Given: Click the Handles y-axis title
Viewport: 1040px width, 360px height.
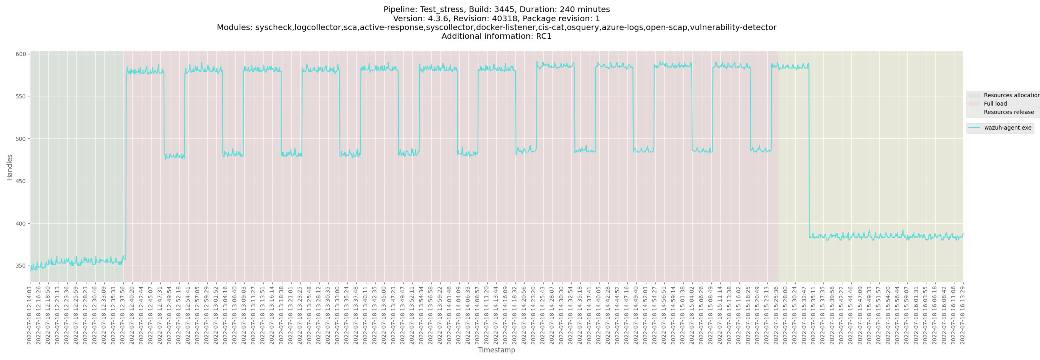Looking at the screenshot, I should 10,167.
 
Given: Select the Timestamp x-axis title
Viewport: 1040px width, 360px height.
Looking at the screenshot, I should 496,350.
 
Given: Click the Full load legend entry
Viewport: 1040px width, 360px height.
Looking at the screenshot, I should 995,104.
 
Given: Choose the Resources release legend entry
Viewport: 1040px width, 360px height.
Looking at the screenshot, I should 1008,112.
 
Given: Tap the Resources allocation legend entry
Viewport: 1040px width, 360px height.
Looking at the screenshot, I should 1011,95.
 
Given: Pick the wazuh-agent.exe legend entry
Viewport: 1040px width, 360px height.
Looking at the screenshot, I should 1007,128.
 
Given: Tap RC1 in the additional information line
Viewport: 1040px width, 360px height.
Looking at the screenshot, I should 544,36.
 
